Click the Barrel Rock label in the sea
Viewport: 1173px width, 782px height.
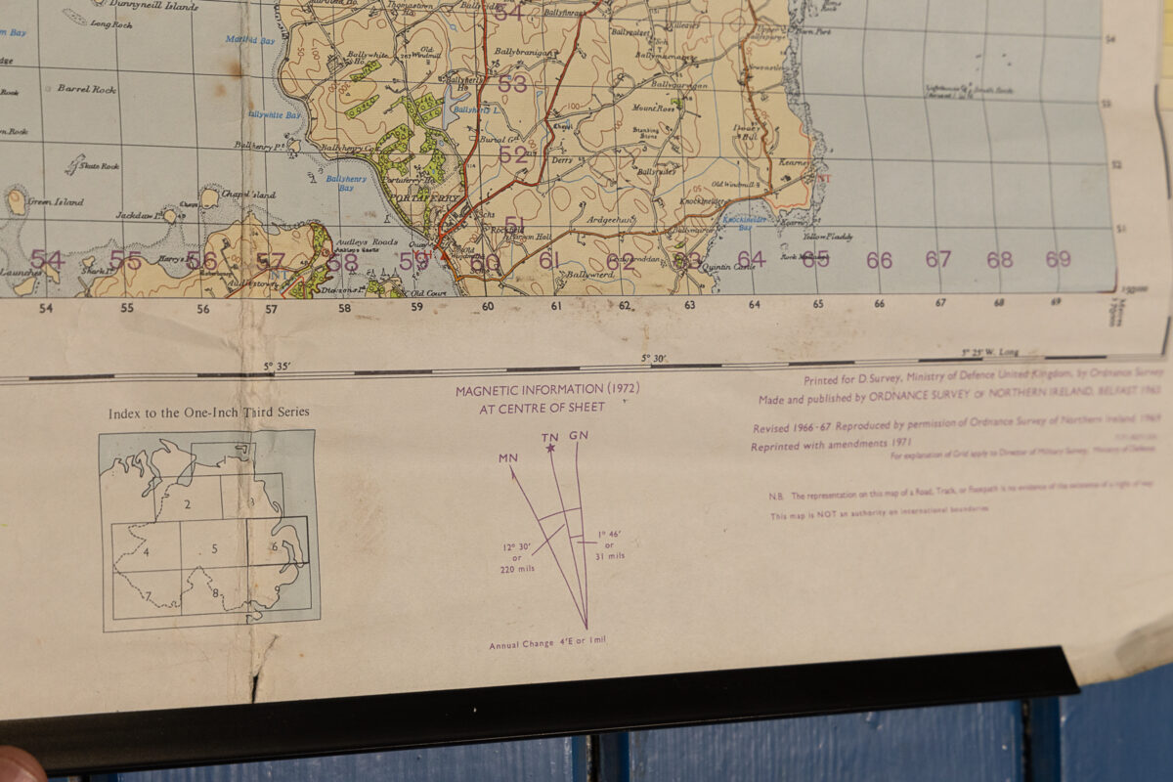coord(86,89)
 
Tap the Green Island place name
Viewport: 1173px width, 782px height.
coord(56,202)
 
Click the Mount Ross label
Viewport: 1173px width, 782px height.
coord(654,109)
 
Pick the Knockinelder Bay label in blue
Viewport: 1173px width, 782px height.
coord(745,222)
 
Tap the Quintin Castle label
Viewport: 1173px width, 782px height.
coord(730,267)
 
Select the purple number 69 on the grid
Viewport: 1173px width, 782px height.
coord(1058,259)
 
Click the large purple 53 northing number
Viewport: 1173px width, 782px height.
coord(512,84)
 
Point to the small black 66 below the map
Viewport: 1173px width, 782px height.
coord(880,304)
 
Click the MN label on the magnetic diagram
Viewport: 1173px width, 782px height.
coord(507,457)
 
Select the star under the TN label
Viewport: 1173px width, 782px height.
coord(550,448)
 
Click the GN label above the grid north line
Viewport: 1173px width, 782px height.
coord(579,434)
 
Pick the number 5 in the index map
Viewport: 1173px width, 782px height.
coord(214,548)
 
